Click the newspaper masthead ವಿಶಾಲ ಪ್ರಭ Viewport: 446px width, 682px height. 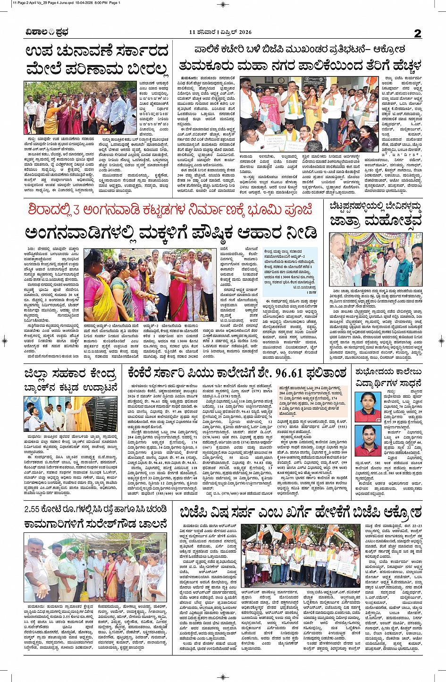[47, 33]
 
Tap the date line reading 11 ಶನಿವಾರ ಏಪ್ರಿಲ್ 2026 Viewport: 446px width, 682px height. [220, 33]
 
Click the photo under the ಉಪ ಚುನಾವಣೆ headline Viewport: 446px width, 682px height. [80, 108]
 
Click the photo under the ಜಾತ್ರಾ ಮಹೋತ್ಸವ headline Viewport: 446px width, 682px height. [376, 259]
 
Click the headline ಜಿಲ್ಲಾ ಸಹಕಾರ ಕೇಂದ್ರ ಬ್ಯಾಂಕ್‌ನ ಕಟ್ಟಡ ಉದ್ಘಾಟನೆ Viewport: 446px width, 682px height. [71, 380]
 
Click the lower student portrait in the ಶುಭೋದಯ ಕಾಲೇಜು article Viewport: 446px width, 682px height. [368, 440]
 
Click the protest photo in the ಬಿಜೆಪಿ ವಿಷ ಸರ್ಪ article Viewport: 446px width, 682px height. [300, 555]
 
